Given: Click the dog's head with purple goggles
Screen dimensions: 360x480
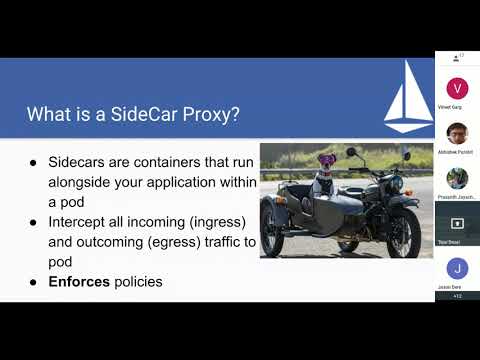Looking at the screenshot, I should coord(324,161).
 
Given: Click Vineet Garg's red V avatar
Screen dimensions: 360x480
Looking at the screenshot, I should coord(456,87).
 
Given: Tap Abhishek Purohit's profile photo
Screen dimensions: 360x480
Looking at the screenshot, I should coord(456,133).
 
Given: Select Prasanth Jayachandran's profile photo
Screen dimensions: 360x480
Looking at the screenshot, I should coord(456,178).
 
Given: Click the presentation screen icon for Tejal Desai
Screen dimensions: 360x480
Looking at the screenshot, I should coord(456,223).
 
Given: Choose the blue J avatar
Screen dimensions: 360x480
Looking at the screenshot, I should coord(456,268).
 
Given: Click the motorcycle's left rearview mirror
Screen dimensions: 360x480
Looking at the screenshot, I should coord(351,153).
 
